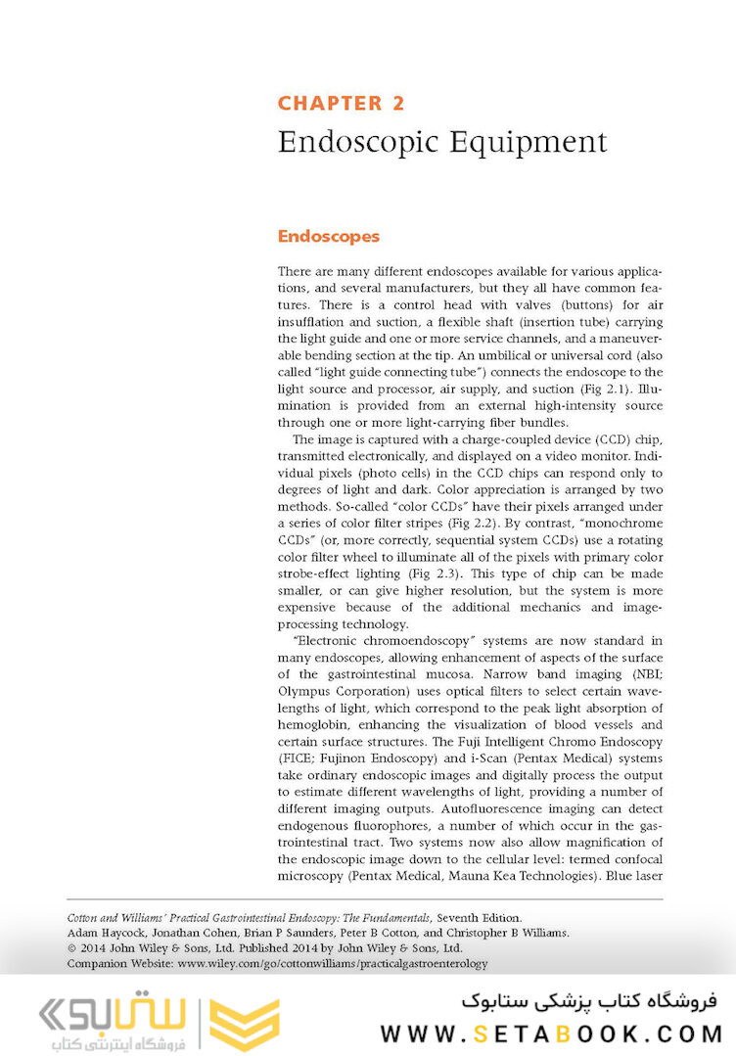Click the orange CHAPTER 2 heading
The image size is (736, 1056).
pos(341,103)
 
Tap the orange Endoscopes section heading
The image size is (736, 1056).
pos(328,236)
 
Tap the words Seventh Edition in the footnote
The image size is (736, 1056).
pos(480,918)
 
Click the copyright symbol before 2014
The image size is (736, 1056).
pos(70,948)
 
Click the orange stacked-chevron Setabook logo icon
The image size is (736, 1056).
pos(245,1023)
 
